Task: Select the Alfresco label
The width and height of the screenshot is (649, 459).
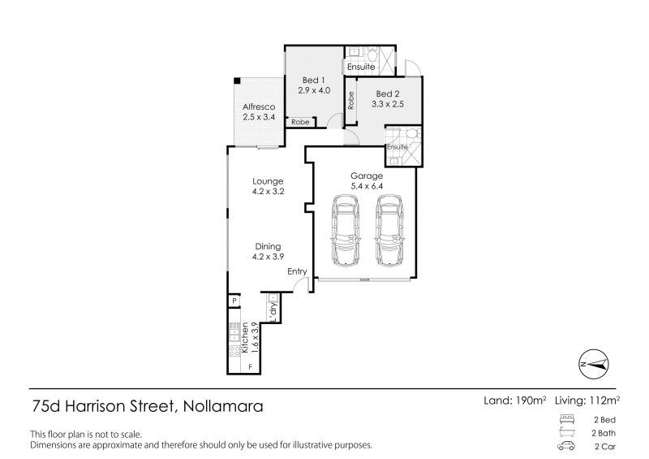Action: click(x=259, y=107)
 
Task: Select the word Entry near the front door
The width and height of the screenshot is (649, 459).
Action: click(x=297, y=272)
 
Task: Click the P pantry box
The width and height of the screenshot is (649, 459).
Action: click(x=234, y=301)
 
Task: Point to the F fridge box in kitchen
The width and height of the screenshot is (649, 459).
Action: click(x=250, y=368)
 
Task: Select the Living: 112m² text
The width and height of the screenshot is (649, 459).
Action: click(x=587, y=400)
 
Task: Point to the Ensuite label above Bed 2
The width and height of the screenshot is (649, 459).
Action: click(x=361, y=66)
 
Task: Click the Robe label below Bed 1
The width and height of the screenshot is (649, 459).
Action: click(x=300, y=122)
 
